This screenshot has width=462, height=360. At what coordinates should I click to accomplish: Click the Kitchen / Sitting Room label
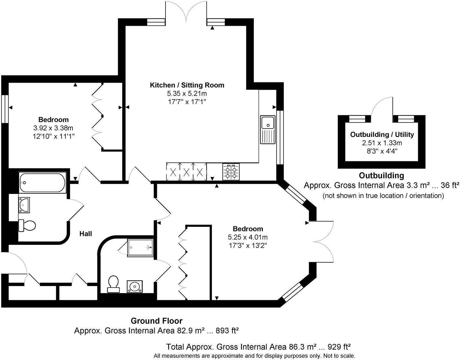click(x=187, y=85)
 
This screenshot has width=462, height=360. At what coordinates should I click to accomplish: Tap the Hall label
click(x=86, y=234)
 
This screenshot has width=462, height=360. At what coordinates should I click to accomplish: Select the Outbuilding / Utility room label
click(x=382, y=134)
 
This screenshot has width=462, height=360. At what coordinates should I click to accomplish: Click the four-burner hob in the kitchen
click(x=231, y=171)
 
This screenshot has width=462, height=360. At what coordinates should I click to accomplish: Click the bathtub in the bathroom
click(x=42, y=183)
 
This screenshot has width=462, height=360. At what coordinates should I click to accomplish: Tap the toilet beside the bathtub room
click(x=27, y=226)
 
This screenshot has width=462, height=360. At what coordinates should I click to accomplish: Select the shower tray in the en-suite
click(x=140, y=247)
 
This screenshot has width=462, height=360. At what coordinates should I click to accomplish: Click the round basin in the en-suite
click(x=135, y=287)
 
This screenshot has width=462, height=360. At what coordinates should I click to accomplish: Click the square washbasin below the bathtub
click(x=24, y=205)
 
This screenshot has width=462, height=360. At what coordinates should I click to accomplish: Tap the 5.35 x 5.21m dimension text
click(x=187, y=94)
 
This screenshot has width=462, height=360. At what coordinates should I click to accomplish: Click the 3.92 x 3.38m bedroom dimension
click(x=53, y=128)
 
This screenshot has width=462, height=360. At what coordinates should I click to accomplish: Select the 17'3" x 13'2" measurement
click(x=248, y=246)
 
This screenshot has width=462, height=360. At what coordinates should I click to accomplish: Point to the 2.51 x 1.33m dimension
click(x=382, y=143)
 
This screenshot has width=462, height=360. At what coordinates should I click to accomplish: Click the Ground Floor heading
click(x=156, y=321)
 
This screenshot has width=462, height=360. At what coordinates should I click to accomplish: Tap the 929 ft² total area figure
click(x=339, y=347)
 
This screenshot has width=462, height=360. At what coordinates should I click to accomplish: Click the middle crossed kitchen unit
click(x=187, y=172)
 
